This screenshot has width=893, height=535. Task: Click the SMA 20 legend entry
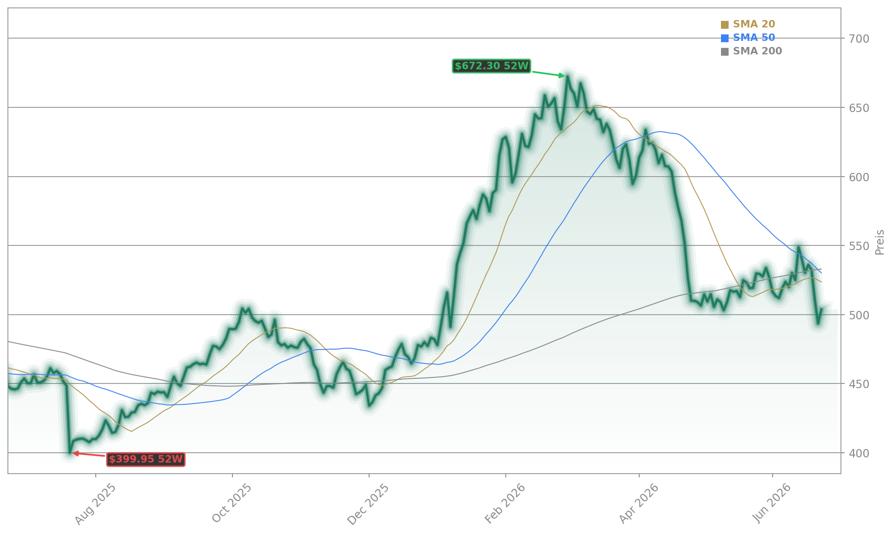(x=748, y=24)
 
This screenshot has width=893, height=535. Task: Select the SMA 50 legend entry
(x=748, y=38)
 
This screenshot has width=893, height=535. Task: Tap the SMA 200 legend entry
(x=751, y=51)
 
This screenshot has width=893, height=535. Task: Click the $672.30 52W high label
(x=491, y=66)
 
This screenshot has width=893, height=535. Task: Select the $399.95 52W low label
(x=146, y=459)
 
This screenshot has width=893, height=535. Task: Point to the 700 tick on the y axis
(x=859, y=39)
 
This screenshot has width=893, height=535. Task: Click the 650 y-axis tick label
(x=859, y=108)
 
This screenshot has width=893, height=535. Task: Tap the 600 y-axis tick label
(x=859, y=177)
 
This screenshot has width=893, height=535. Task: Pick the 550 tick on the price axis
(x=859, y=246)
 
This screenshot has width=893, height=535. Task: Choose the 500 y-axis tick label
(x=859, y=315)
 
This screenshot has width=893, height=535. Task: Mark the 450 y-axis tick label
(x=859, y=384)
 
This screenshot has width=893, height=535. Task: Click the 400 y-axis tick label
(x=859, y=453)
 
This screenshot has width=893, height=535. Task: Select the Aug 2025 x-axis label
(x=95, y=504)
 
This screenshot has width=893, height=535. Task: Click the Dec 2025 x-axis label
(x=368, y=504)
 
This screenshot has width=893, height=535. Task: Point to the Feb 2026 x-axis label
(x=505, y=504)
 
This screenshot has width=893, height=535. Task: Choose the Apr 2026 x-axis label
(x=639, y=504)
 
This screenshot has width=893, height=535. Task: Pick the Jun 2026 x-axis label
(x=772, y=503)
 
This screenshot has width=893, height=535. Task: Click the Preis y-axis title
(x=880, y=242)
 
